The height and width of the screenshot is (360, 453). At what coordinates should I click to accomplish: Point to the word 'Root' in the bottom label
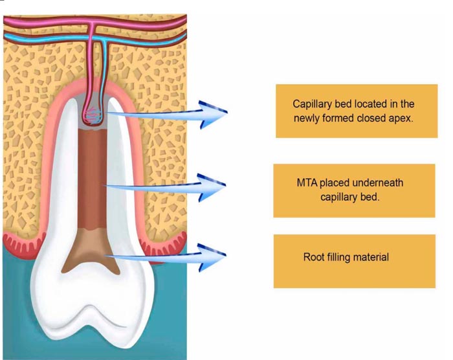click(x=315, y=257)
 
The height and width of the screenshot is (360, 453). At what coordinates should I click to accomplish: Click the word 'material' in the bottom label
click(x=371, y=257)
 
